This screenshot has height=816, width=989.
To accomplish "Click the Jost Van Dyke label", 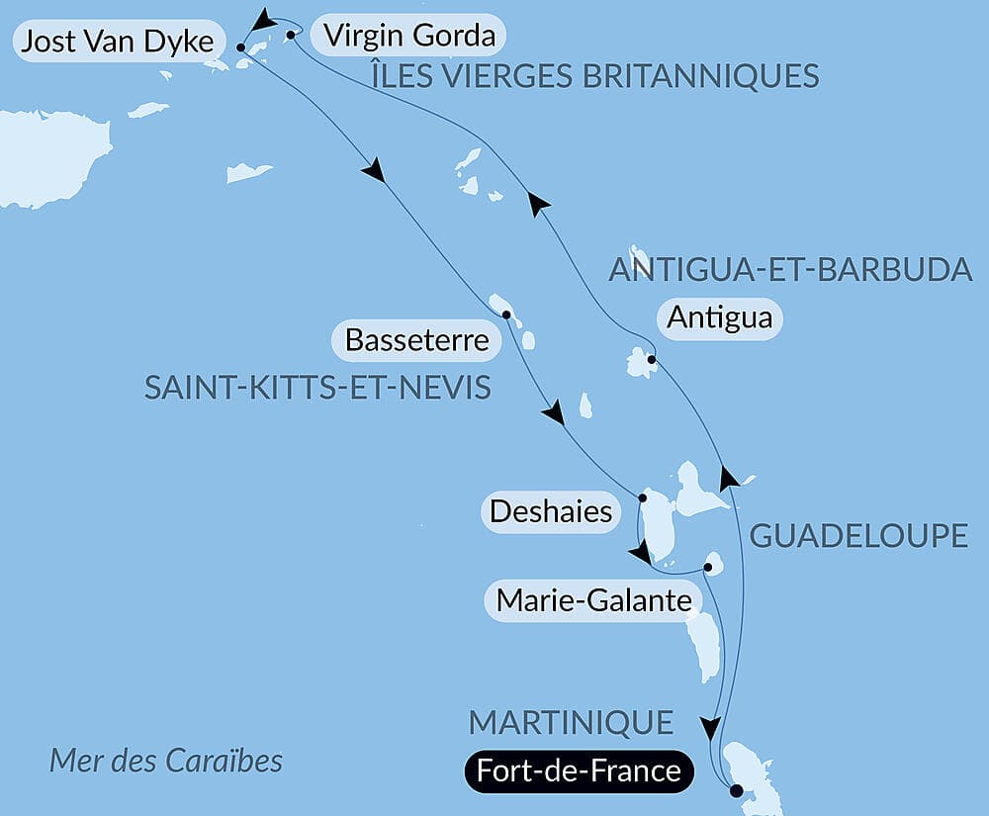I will click(x=118, y=42).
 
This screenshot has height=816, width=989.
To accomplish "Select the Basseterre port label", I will click(x=416, y=340).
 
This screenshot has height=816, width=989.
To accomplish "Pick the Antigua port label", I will click(x=719, y=318).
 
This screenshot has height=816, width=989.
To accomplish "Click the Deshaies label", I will click(x=550, y=512).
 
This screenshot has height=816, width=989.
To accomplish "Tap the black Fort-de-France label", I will click(x=579, y=771).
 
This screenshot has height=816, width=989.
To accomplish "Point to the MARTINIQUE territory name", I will click(x=571, y=722).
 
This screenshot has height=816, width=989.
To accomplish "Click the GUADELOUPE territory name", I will click(x=858, y=536).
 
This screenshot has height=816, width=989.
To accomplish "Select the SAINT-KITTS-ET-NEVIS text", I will click(x=317, y=388).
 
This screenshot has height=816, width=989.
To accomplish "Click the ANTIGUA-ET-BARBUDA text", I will click(x=790, y=269).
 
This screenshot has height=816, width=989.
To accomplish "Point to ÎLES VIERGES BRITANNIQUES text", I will click(x=594, y=75).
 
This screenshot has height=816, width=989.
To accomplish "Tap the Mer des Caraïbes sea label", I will click(x=166, y=761).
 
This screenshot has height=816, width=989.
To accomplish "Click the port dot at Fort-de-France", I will click(x=735, y=790).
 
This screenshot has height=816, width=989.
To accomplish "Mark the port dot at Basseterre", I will click(x=506, y=315).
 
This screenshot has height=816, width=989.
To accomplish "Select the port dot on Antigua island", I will click(x=651, y=360).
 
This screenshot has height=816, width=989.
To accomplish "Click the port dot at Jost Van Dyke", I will click(x=241, y=45).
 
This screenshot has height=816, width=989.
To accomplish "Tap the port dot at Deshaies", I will click(x=643, y=498).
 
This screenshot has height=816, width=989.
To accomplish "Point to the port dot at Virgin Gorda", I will click(x=291, y=36).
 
